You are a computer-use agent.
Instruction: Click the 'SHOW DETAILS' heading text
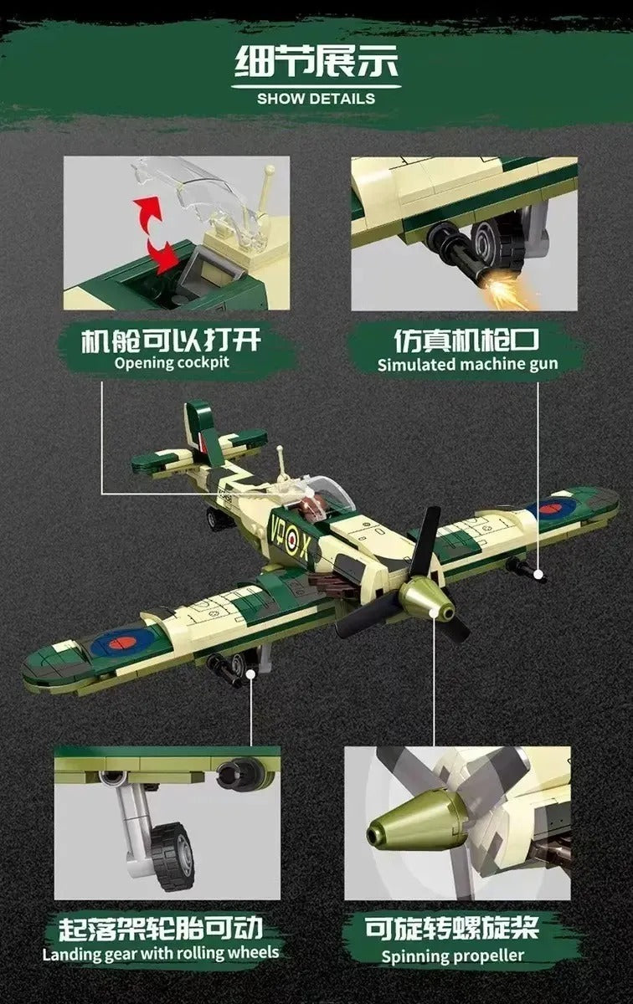pos(316,99)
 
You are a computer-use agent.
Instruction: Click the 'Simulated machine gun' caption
pos(467,364)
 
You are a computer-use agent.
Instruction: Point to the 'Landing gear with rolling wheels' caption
pos(161,953)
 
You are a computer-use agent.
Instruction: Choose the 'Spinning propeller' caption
pos(452,955)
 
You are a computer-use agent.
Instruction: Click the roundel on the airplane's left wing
pos(123,643)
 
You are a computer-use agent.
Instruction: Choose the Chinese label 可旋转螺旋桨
pos(452,928)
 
